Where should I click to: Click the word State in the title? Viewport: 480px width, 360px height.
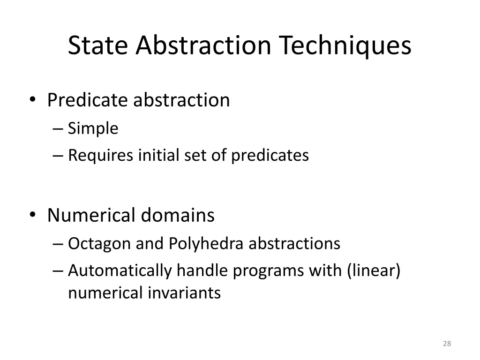(x=99, y=46)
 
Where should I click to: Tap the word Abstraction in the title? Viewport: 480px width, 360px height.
(x=203, y=46)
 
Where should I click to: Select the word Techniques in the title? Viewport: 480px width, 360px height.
(x=345, y=46)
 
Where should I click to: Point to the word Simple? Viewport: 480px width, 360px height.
(x=93, y=128)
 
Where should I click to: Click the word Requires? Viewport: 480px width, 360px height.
(x=100, y=155)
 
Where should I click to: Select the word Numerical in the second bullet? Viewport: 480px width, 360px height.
(x=91, y=216)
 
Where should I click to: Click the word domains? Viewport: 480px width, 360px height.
(x=178, y=216)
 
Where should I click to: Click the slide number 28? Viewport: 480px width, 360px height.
(x=447, y=344)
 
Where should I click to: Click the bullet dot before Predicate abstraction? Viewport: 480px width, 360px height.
(x=32, y=100)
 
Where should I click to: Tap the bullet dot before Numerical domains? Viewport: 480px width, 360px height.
(x=32, y=216)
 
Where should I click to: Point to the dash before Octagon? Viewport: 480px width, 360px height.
(x=58, y=244)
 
